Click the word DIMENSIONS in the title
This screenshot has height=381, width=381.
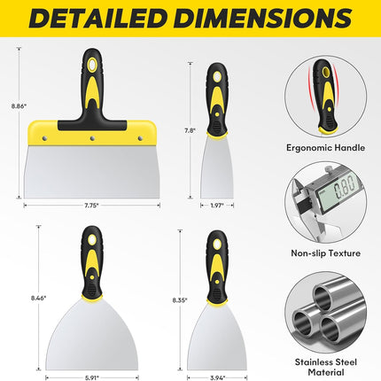[263, 18]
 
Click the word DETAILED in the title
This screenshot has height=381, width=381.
[97, 18]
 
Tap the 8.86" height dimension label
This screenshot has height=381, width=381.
[19, 106]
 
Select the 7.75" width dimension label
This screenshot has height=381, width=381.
[91, 206]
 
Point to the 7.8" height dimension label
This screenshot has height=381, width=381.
[190, 130]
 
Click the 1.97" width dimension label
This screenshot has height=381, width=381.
[217, 206]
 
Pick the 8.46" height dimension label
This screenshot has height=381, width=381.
[39, 298]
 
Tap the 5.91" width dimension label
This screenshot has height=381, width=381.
[92, 377]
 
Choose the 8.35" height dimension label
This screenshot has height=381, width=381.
[180, 300]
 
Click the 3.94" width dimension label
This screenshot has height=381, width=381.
[218, 377]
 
